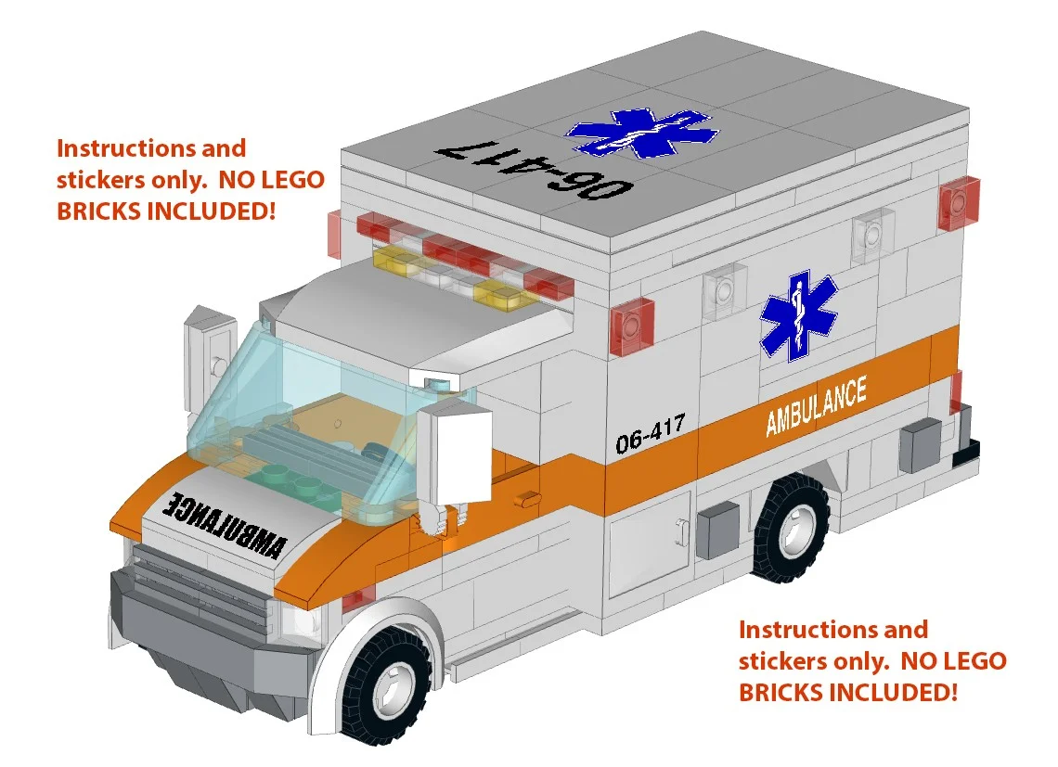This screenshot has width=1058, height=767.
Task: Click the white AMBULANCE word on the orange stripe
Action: coord(816,405)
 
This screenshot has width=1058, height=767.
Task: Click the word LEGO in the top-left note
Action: coord(278,179)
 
